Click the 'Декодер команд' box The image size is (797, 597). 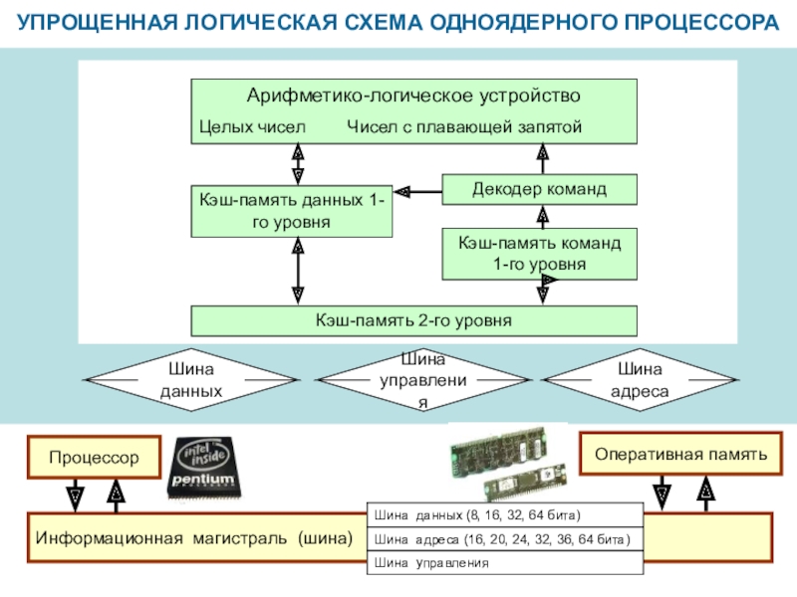539,189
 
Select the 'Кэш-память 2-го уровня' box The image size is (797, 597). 413,320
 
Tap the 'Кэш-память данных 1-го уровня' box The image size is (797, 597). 291,211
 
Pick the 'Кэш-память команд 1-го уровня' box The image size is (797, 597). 539,254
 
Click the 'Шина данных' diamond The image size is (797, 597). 191,380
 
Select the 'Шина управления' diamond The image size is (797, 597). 422,380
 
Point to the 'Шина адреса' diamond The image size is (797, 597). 640,380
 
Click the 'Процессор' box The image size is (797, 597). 94,458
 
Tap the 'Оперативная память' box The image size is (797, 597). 680,454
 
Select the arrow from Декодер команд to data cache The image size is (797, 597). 417,192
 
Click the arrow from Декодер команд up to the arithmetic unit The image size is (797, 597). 542,159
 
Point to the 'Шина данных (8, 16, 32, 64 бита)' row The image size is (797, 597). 505,515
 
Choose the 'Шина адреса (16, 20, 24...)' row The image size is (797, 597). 505,539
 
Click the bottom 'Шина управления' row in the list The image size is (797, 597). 505,562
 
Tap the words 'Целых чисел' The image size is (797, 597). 252,127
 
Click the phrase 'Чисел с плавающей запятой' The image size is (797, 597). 464,127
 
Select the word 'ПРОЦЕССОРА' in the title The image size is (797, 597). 701,23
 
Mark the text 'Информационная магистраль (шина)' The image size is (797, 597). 193,538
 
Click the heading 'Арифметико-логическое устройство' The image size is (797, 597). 413,96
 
